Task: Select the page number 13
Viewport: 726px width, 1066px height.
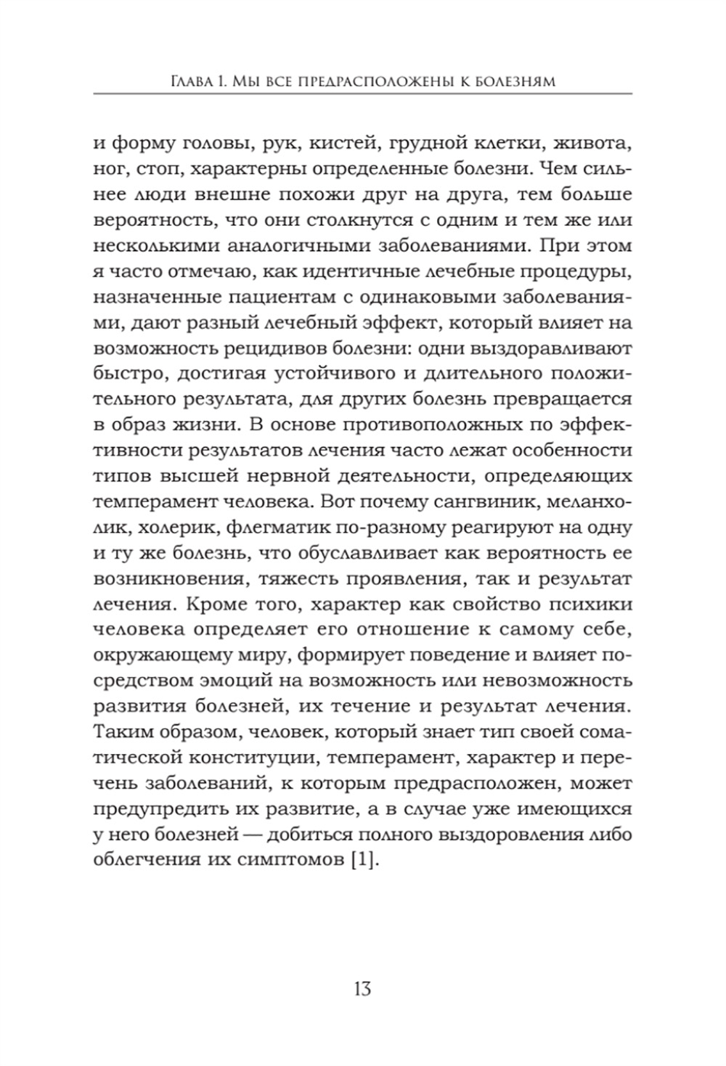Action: click(362, 988)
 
